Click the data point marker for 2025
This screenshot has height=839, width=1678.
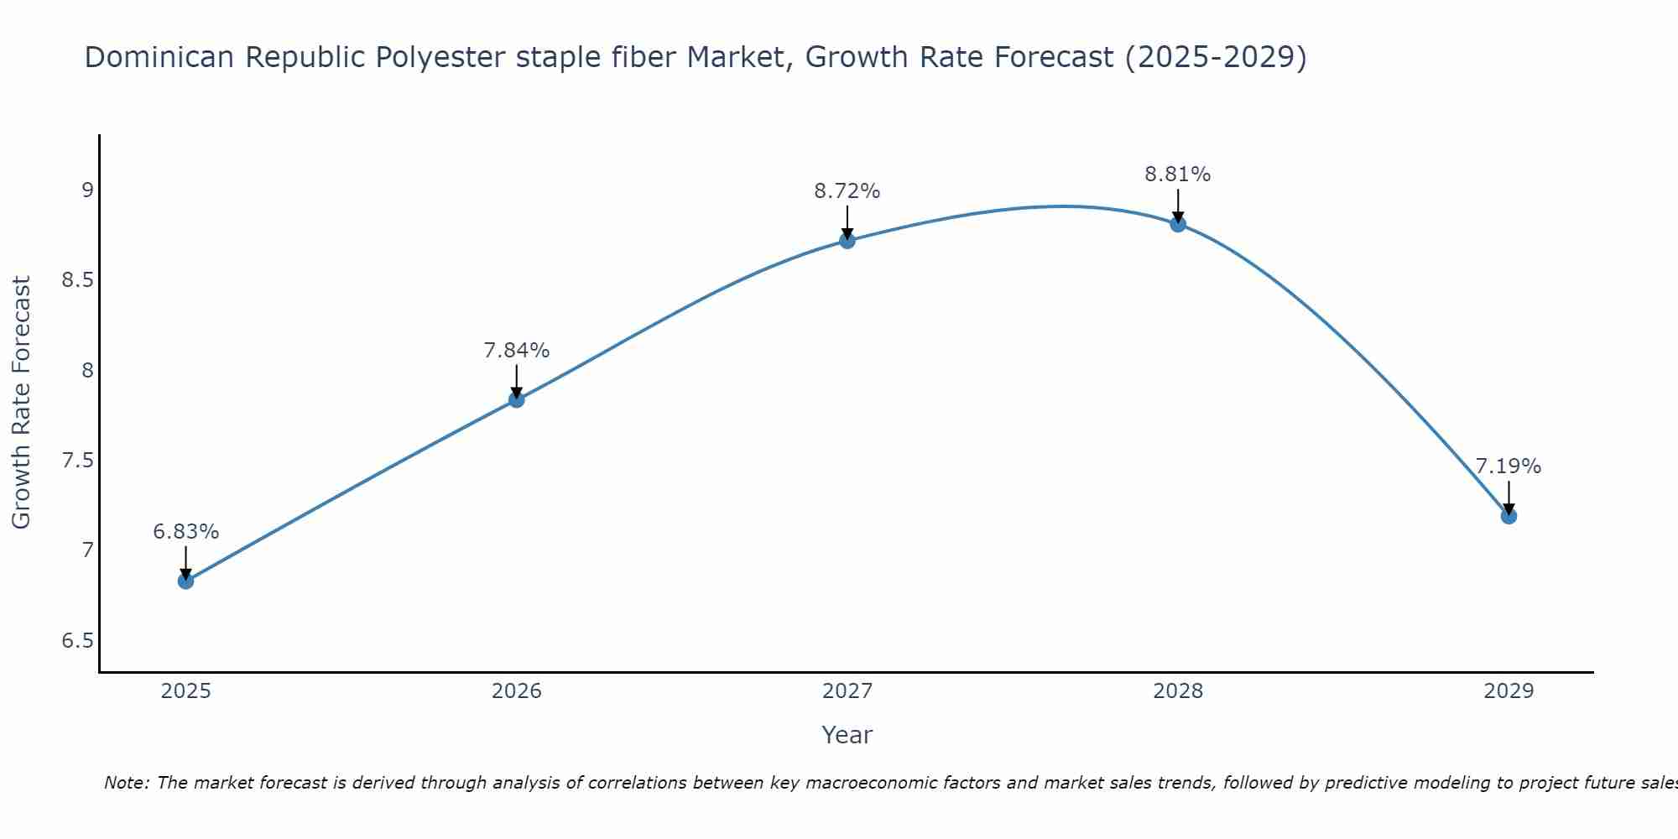coord(186,581)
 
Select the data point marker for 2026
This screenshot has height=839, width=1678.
coord(517,399)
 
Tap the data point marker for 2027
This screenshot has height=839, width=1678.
coord(847,241)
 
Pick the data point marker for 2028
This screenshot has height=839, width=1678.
coord(1178,224)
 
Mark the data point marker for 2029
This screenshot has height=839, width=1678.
coord(1509,516)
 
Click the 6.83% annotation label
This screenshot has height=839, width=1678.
coord(186,532)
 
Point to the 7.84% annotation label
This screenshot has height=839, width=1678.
coord(517,351)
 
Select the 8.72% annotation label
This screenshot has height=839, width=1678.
coord(847,191)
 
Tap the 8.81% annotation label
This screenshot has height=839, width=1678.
coord(1178,175)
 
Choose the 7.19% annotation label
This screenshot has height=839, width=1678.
coord(1509,466)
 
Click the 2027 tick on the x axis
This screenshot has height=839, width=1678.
coord(847,691)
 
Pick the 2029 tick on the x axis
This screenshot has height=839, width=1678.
coord(1509,691)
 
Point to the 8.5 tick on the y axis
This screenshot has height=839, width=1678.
coord(77,280)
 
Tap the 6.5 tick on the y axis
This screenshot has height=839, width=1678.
coord(77,641)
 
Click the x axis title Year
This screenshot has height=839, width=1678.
coord(847,735)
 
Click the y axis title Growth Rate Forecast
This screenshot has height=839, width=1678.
coord(22,403)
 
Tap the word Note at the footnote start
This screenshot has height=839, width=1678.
coord(126,783)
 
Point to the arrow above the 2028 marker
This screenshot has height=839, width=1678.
coord(1178,205)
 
